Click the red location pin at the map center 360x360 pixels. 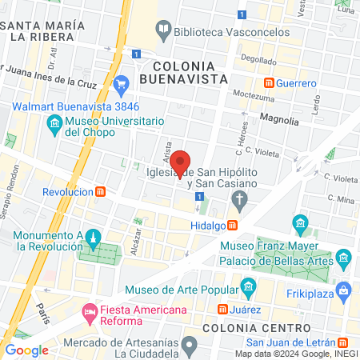click(x=182, y=162)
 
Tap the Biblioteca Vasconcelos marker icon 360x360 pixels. click(x=163, y=30)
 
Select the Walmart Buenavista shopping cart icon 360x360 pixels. click(x=121, y=83)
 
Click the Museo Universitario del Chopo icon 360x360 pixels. click(x=54, y=124)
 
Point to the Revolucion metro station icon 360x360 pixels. click(x=101, y=192)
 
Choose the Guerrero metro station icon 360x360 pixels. click(x=270, y=82)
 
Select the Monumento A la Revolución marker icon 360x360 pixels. click(x=93, y=238)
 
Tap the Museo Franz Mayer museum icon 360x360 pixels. click(x=301, y=222)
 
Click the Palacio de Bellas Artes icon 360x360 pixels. click(x=343, y=258)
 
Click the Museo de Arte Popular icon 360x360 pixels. click(x=248, y=286)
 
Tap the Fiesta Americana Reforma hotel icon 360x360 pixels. click(x=88, y=310)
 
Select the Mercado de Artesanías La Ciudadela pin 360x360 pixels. click(x=189, y=346)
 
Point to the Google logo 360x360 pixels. click(x=26, y=350)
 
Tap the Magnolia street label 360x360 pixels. click(x=279, y=121)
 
